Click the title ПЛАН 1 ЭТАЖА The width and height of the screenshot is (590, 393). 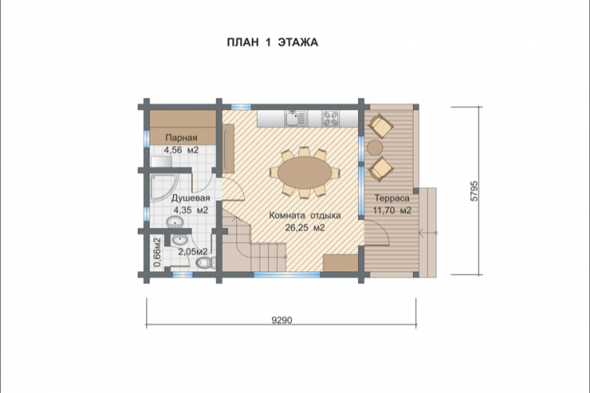pyautogui.click(x=272, y=42)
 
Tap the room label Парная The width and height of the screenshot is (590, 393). pyautogui.click(x=181, y=138)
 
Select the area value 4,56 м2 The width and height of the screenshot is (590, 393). pyautogui.click(x=181, y=150)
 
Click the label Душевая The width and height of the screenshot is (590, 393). pyautogui.click(x=191, y=198)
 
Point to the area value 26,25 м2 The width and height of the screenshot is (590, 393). pyautogui.click(x=304, y=228)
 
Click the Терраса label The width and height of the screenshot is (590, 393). pyautogui.click(x=392, y=198)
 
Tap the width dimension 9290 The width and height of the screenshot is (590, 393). pyautogui.click(x=282, y=320)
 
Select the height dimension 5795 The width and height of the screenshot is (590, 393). pyautogui.click(x=474, y=191)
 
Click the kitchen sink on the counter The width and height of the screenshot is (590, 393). pyautogui.click(x=296, y=119)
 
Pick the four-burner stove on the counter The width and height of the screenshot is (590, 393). pyautogui.click(x=330, y=119)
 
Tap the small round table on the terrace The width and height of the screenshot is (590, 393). pyautogui.click(x=375, y=147)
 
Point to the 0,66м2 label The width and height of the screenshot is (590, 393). pyautogui.click(x=157, y=252)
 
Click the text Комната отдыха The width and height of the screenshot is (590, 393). pyautogui.click(x=304, y=215)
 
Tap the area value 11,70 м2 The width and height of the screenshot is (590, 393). pyautogui.click(x=392, y=211)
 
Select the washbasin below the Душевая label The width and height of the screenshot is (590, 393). pyautogui.click(x=175, y=222)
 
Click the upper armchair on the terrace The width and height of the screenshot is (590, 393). pyautogui.click(x=382, y=127)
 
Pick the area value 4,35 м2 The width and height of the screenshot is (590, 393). pyautogui.click(x=190, y=211)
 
